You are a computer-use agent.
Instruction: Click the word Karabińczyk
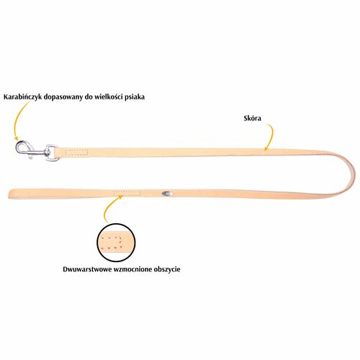(x=23, y=97)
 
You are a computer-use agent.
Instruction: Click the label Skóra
(x=253, y=118)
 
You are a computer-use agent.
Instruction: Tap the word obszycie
(x=167, y=269)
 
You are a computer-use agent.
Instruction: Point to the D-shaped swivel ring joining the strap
(x=53, y=152)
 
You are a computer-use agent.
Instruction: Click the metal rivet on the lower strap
(x=167, y=193)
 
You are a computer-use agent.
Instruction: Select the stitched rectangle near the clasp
(x=78, y=153)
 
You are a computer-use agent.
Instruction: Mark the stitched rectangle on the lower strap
(x=127, y=193)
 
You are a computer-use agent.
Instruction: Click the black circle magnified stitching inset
(x=116, y=243)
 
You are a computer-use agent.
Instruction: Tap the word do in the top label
(x=89, y=96)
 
